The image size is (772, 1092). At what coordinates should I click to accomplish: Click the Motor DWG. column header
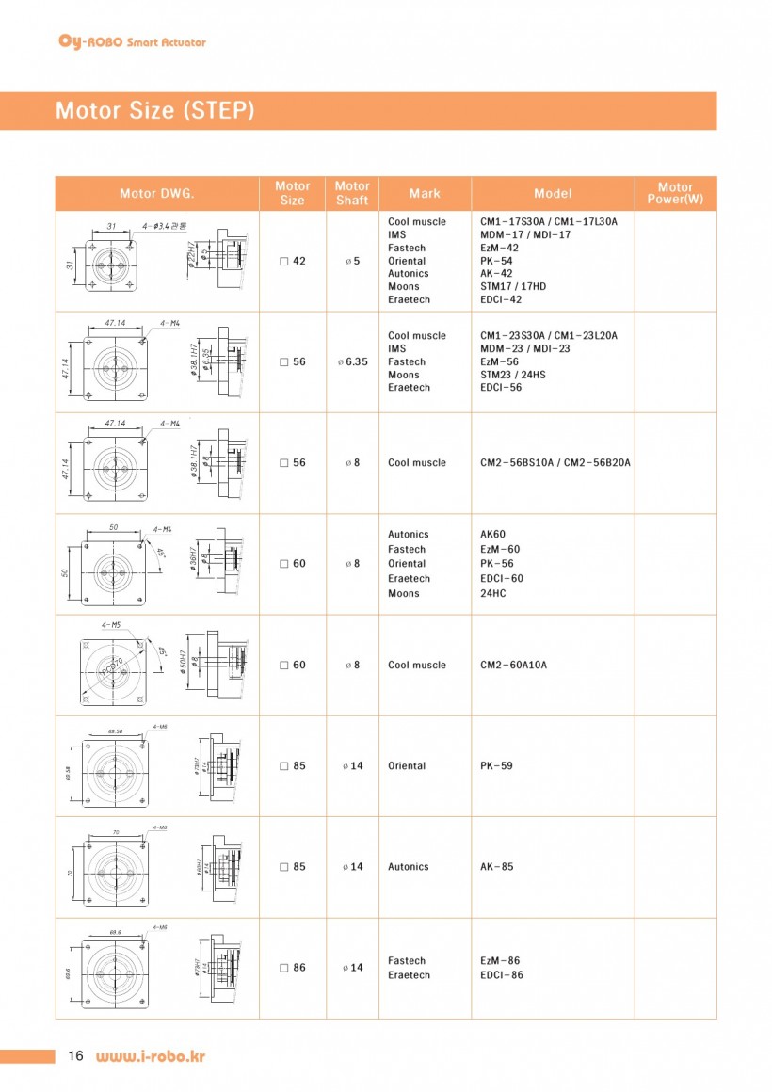click(156, 194)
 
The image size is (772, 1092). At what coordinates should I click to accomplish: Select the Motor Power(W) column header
click(675, 194)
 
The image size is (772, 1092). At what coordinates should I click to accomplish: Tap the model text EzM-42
click(499, 248)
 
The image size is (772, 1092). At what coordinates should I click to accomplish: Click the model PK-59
click(496, 766)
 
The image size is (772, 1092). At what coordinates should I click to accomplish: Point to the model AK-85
click(496, 867)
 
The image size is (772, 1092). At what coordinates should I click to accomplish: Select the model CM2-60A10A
click(513, 665)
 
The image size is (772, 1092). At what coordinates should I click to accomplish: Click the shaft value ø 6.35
click(352, 361)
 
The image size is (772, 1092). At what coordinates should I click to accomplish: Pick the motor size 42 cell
click(293, 261)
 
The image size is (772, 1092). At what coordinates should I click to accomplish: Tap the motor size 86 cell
click(293, 968)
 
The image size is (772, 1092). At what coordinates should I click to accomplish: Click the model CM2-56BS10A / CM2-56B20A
click(555, 463)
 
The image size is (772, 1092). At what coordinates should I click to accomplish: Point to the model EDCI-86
click(501, 975)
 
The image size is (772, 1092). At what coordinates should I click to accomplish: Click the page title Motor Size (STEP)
click(154, 111)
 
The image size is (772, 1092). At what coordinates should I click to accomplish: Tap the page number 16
click(75, 1056)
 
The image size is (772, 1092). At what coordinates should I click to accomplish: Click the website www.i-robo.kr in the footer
click(150, 1056)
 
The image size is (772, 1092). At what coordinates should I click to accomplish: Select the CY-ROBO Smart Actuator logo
click(132, 41)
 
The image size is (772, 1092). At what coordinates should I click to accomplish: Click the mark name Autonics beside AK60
click(408, 534)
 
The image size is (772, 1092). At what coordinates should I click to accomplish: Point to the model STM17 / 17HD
click(513, 286)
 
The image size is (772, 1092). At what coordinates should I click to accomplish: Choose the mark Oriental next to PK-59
click(407, 766)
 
